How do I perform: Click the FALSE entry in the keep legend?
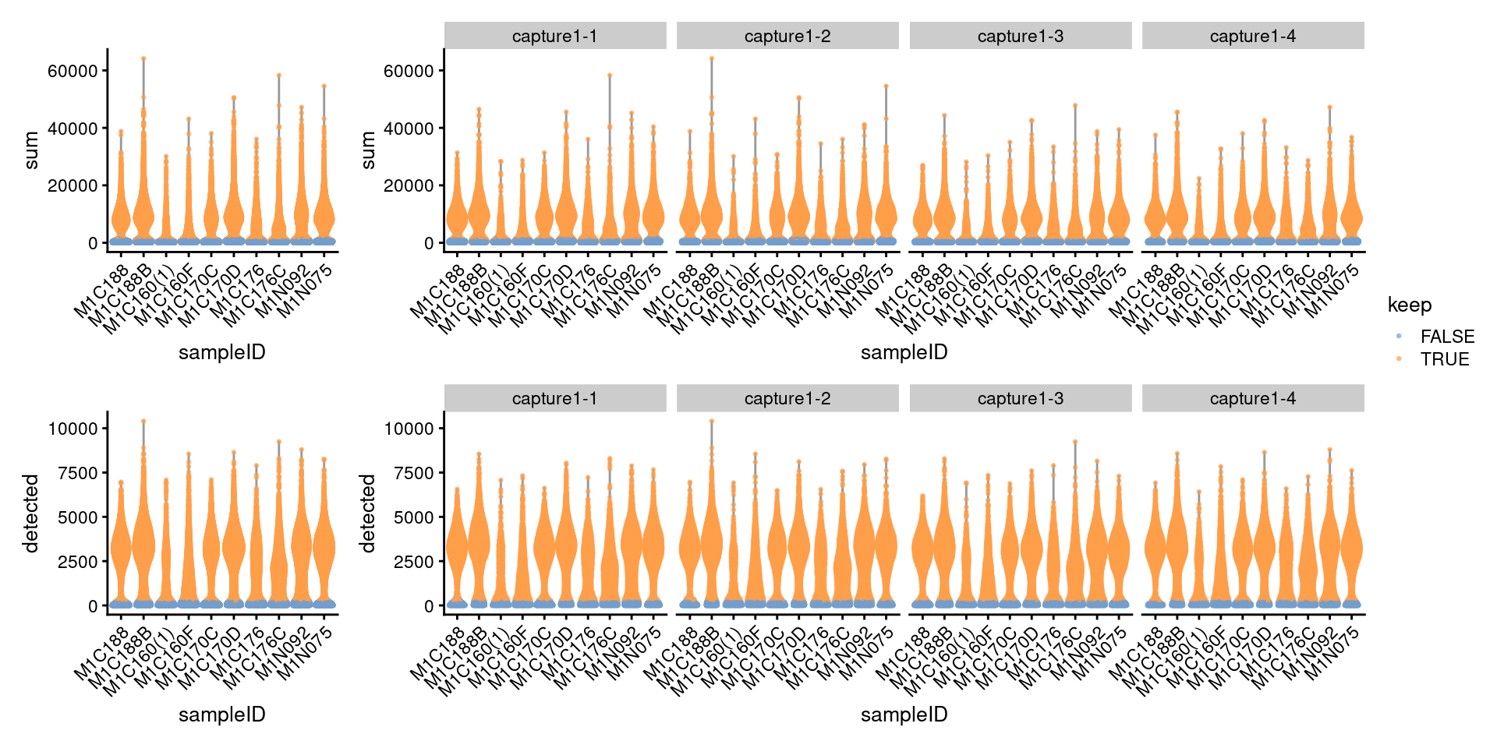point(1446,337)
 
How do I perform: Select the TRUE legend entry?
point(1444,359)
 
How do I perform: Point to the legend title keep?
point(1410,305)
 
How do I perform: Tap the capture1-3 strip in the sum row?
point(1020,36)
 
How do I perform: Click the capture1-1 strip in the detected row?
point(554,398)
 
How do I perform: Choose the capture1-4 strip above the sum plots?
point(1252,36)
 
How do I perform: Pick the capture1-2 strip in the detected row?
point(787,398)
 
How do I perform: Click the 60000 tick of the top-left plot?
point(73,71)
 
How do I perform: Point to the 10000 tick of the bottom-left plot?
point(73,429)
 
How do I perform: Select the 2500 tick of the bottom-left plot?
point(77,562)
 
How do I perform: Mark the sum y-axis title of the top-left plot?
point(31,150)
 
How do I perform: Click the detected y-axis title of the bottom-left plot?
point(31,513)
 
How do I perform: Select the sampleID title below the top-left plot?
point(221,352)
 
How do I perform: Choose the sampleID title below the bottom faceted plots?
point(904,714)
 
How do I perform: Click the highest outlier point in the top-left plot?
point(143,58)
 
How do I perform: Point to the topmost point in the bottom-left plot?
point(143,422)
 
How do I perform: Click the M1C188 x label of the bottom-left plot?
point(102,653)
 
